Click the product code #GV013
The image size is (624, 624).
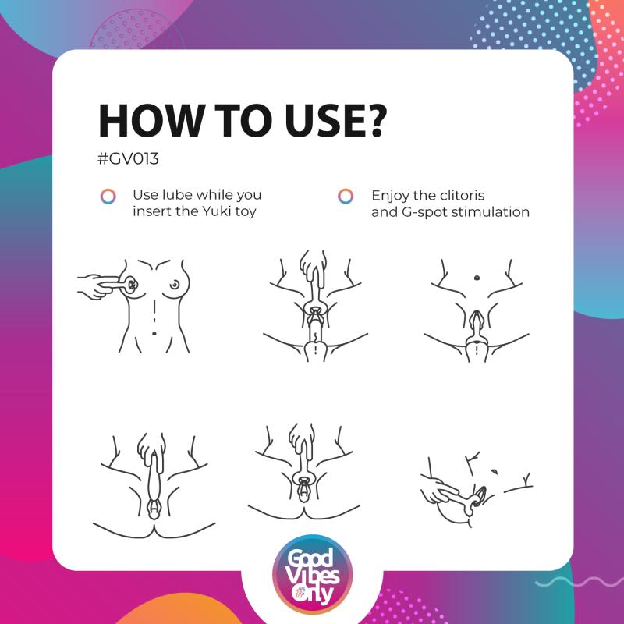coord(128,159)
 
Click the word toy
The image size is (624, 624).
coord(246,211)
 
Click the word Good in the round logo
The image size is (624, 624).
coord(310,558)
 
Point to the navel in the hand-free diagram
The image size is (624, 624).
coord(477,278)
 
